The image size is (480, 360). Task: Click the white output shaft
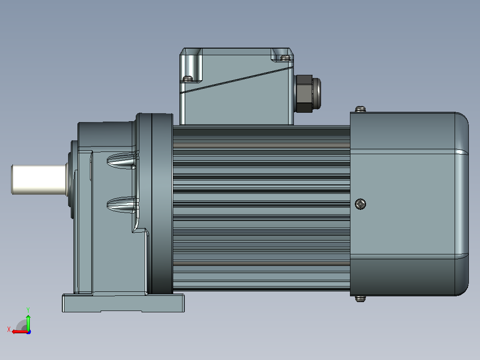click(x=39, y=180)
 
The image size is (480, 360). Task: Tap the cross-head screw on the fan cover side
click(x=360, y=204)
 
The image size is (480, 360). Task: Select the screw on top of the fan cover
click(x=360, y=109)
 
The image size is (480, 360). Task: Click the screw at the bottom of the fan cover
click(x=360, y=299)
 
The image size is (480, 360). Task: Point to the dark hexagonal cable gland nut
click(x=304, y=94)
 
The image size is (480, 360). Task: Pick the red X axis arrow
click(x=20, y=331)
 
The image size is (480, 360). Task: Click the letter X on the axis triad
click(x=9, y=329)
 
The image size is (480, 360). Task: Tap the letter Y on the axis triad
click(x=28, y=310)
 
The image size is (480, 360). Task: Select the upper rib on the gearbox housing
click(x=122, y=161)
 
